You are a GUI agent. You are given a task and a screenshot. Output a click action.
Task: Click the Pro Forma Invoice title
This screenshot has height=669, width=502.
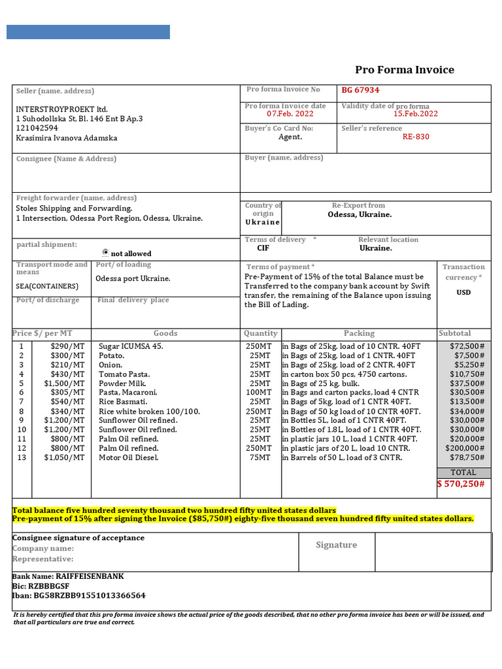click(x=404, y=70)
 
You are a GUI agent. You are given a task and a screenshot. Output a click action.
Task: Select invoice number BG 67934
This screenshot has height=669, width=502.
click(x=360, y=90)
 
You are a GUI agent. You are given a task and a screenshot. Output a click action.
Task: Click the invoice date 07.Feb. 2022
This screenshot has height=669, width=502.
click(x=285, y=114)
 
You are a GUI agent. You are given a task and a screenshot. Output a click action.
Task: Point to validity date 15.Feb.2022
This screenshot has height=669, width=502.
click(x=415, y=114)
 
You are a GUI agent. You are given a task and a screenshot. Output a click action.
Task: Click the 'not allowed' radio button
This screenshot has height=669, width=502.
click(x=106, y=252)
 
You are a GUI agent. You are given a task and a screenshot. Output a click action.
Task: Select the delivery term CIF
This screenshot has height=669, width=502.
click(x=263, y=248)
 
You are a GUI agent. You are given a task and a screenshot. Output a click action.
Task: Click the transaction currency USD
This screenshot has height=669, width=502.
click(x=463, y=292)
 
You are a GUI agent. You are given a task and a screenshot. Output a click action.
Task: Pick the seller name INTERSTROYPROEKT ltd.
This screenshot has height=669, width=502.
click(x=62, y=109)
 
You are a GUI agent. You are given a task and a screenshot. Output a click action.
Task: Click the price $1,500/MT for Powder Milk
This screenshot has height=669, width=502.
click(x=64, y=383)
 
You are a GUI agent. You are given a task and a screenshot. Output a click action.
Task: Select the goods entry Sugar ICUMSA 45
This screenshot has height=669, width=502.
click(x=131, y=346)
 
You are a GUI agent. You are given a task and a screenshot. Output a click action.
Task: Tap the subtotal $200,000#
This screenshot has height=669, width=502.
click(x=465, y=448)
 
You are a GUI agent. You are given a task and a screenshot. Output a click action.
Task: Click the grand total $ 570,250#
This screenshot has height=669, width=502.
click(x=461, y=483)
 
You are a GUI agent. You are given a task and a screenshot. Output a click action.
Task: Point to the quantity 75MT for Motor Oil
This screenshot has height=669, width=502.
click(x=259, y=457)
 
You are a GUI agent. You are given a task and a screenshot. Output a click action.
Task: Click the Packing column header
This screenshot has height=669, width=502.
click(x=359, y=333)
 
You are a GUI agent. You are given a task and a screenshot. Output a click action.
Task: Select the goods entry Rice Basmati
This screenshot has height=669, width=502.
click(x=123, y=401)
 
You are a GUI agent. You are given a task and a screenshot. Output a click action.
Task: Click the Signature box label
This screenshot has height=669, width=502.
click(x=336, y=545)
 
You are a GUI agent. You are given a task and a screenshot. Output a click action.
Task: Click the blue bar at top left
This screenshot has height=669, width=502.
click(x=88, y=32)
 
